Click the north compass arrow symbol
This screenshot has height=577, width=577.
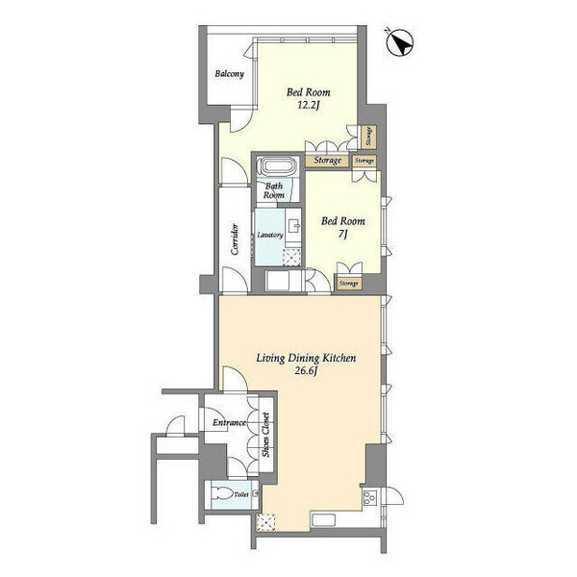[x=400, y=42]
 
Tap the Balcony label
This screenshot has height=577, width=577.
[x=229, y=74]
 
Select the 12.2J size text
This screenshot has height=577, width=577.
[x=308, y=106]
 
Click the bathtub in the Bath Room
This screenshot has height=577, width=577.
[x=277, y=166]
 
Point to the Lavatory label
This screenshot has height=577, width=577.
[x=270, y=235]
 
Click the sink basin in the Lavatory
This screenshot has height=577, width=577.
[x=294, y=226]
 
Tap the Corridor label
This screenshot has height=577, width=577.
[x=235, y=239]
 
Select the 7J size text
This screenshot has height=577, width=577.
[x=342, y=234]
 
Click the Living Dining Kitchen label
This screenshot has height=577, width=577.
[x=306, y=358]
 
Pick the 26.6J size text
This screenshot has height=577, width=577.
[x=306, y=371]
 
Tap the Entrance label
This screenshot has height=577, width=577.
[x=230, y=423]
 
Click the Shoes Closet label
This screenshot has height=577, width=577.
[x=265, y=435]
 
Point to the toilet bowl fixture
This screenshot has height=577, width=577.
[x=222, y=494]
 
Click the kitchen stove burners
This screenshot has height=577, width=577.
[x=370, y=497]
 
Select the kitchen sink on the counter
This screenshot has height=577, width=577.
[x=323, y=520]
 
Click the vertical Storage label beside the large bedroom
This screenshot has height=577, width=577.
[x=368, y=137]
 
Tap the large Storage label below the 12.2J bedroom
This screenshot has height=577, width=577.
[x=328, y=161]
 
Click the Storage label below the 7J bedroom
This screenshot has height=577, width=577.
[x=348, y=284]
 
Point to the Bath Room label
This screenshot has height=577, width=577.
[x=274, y=190]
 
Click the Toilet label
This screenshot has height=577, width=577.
[x=241, y=495]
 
